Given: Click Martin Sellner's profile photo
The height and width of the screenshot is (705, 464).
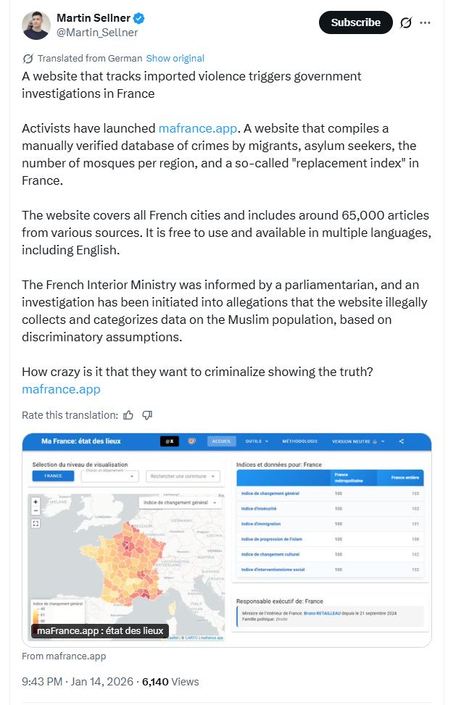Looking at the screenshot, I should [36, 25].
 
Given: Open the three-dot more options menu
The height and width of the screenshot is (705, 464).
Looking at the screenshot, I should [425, 22].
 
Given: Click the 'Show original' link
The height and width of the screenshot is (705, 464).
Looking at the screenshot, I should [175, 58].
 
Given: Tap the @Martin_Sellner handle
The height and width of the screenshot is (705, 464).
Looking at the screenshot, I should [97, 33].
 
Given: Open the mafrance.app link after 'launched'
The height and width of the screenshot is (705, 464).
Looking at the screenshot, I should [198, 128].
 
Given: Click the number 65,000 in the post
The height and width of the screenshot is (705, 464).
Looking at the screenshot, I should [362, 215].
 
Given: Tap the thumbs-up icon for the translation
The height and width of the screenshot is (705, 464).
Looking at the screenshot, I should [128, 415].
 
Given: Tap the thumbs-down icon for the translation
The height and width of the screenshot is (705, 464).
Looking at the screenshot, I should [147, 415].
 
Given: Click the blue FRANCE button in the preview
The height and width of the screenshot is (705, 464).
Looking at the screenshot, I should [52, 476].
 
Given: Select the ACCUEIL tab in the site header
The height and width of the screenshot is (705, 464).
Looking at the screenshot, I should [221, 441].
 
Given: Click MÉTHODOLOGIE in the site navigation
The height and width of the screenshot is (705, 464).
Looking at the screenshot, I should [299, 441].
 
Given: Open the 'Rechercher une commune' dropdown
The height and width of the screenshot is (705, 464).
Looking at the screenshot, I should [182, 476].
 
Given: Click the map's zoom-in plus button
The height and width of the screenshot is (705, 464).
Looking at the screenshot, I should [36, 501].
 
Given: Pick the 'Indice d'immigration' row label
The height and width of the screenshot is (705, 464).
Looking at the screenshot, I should [261, 524].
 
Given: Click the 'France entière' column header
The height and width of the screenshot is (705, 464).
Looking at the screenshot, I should [405, 477].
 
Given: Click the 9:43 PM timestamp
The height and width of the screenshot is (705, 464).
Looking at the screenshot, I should [42, 681].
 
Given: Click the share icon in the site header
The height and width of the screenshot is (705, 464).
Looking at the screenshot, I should [401, 441].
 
